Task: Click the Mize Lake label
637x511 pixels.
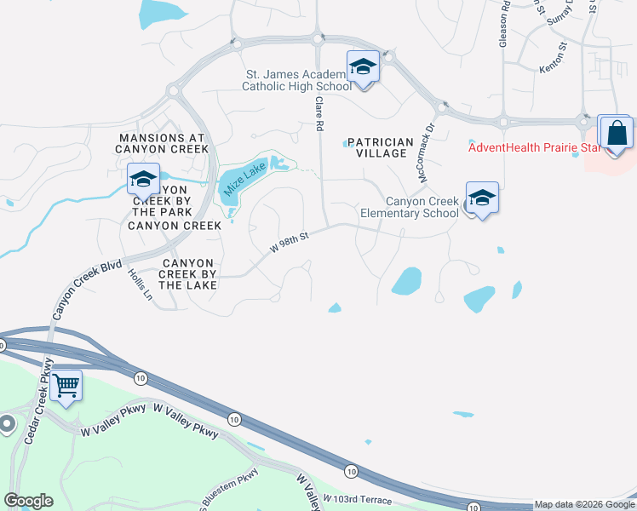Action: pyautogui.click(x=232, y=182)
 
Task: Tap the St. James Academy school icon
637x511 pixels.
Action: pyautogui.click(x=363, y=66)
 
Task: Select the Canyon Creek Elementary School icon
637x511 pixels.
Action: pyautogui.click(x=482, y=198)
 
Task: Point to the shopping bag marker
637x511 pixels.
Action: pyautogui.click(x=616, y=133)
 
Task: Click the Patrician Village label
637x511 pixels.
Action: pyautogui.click(x=379, y=147)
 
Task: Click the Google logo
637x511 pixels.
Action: pyautogui.click(x=28, y=500)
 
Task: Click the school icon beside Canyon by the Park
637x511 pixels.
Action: pyautogui.click(x=142, y=179)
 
